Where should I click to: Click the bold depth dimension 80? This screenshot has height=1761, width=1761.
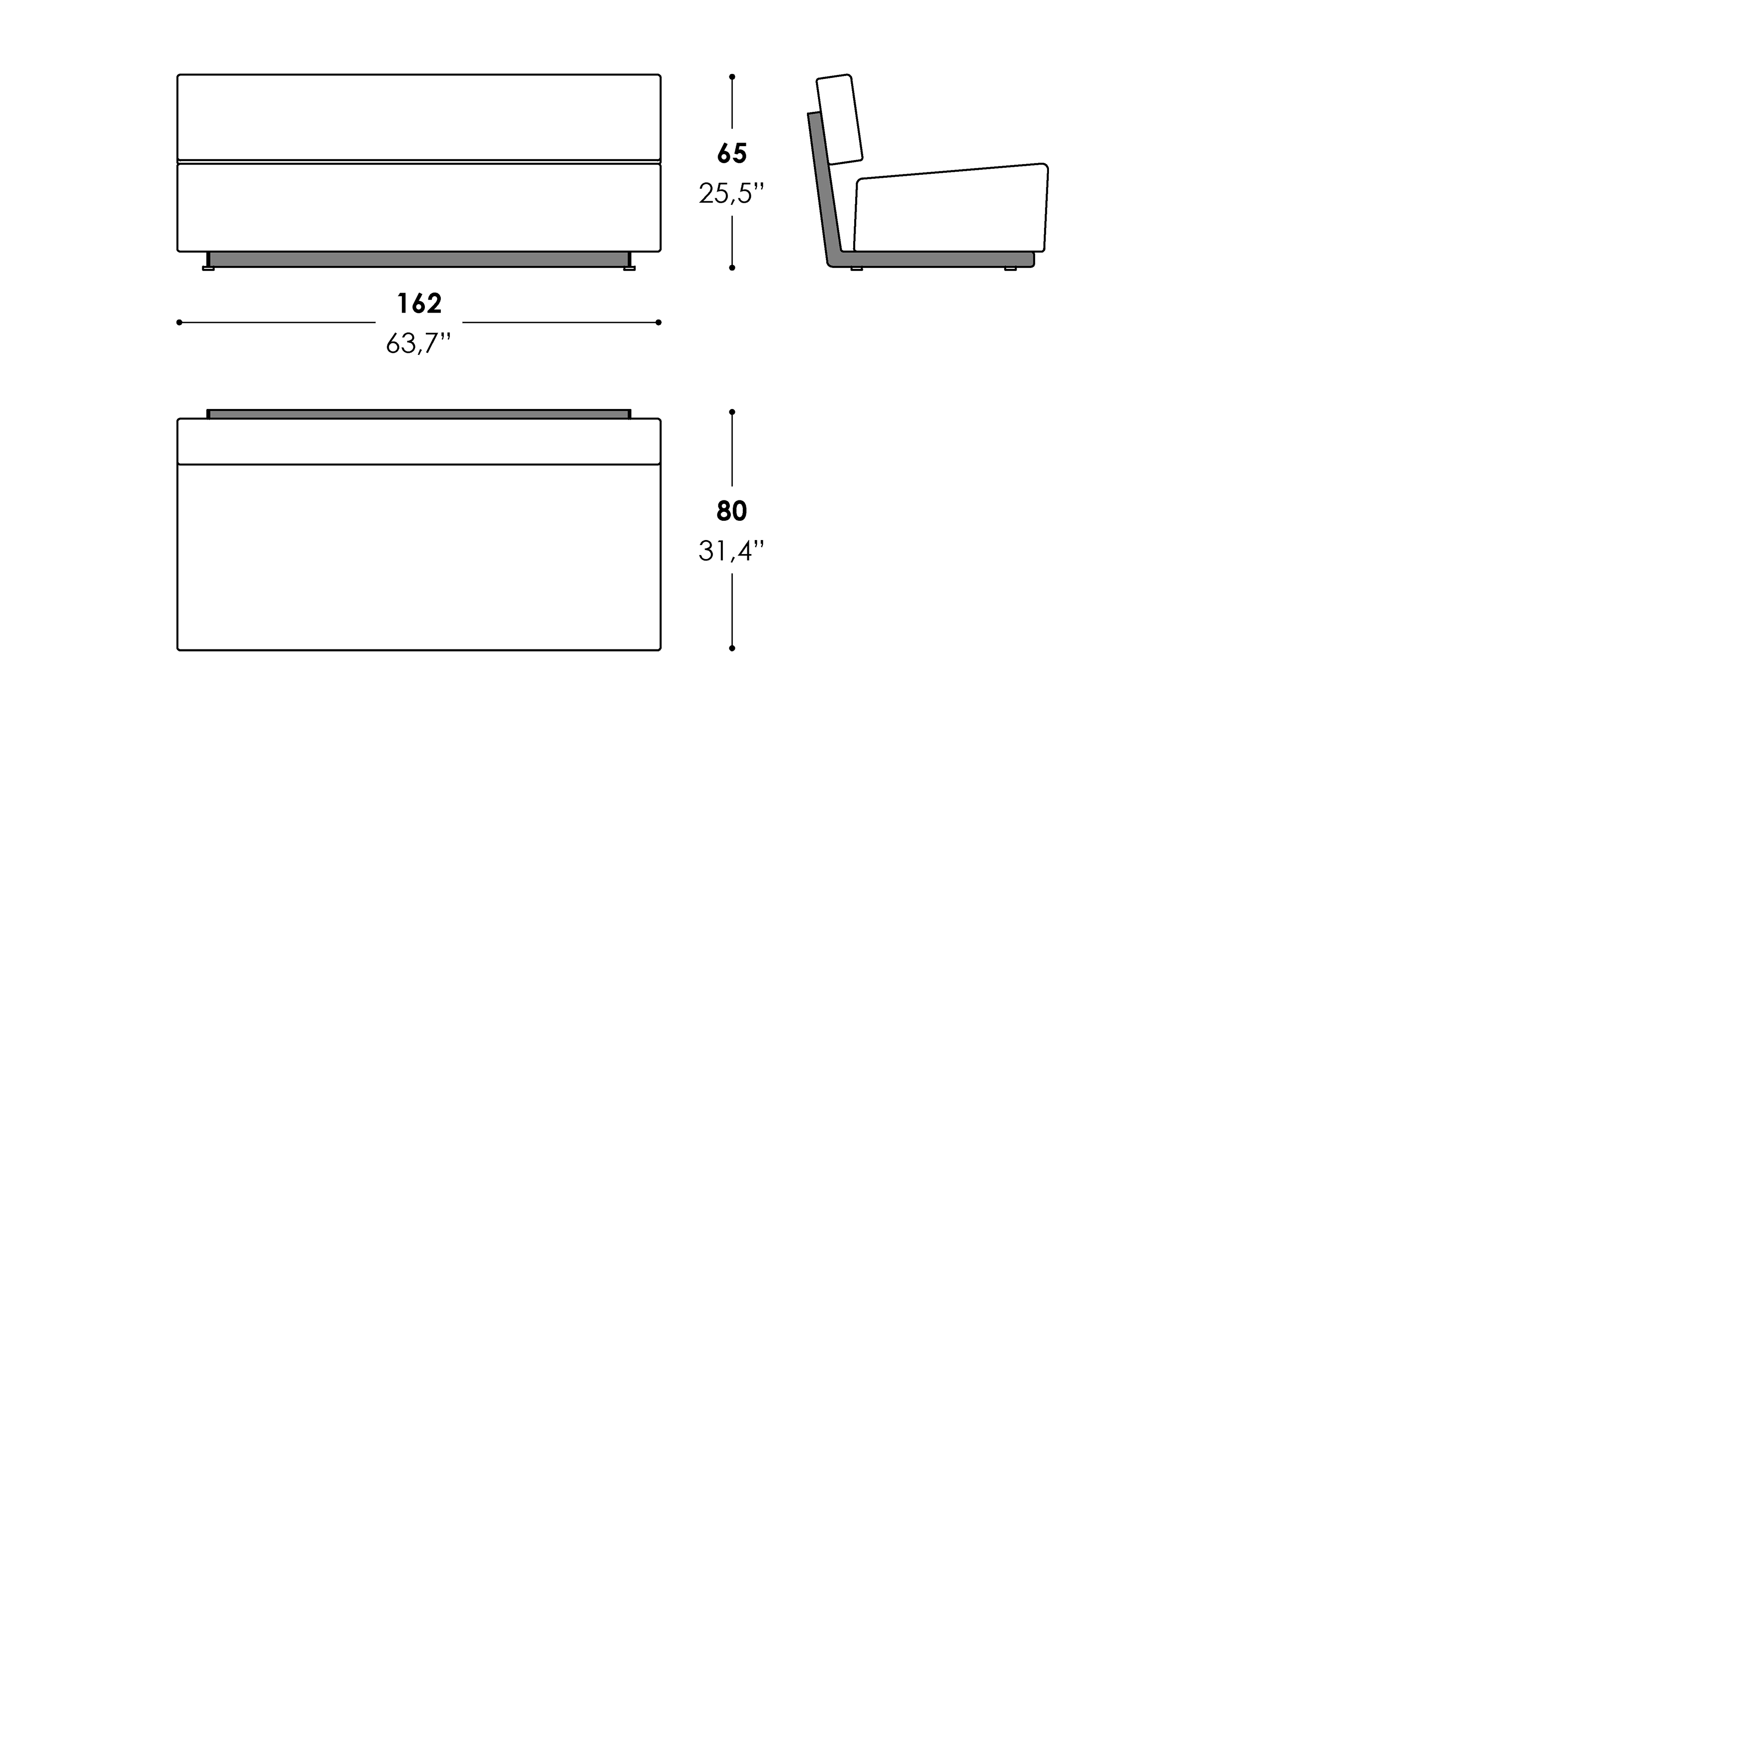[732, 511]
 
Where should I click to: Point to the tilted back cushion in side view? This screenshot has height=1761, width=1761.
[839, 119]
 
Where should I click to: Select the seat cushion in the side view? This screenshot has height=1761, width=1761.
[951, 208]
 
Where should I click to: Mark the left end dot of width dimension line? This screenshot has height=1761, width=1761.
[179, 322]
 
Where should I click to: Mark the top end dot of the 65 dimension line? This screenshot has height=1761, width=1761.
[732, 78]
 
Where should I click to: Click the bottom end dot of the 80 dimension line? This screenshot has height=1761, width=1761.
[732, 648]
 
